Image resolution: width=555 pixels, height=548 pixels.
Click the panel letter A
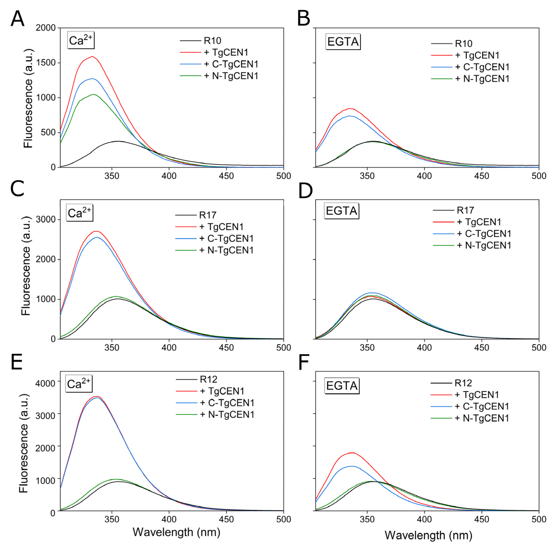17,19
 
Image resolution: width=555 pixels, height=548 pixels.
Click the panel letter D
305,191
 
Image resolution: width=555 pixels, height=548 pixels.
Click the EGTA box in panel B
343,42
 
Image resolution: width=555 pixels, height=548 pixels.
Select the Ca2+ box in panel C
80,213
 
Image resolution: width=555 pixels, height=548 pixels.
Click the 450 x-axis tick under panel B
481,176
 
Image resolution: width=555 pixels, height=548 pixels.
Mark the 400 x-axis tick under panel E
169,519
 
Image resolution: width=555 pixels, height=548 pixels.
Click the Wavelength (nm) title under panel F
428,535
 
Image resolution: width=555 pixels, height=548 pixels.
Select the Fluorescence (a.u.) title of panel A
28,98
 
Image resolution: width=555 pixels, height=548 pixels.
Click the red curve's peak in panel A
92,56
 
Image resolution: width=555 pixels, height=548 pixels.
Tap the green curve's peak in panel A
93,95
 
